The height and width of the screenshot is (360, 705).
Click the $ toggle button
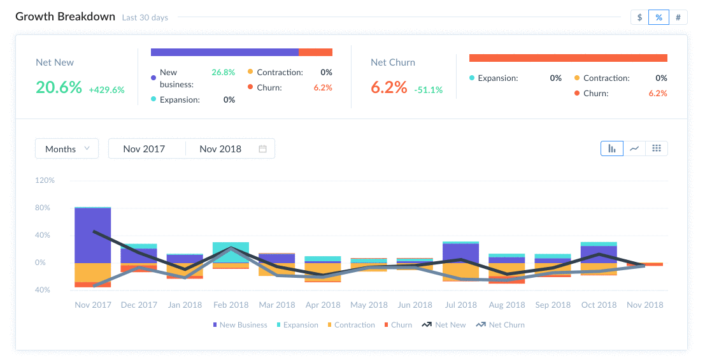click(639, 17)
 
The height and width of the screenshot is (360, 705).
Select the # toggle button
click(678, 17)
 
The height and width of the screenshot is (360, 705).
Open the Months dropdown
click(67, 148)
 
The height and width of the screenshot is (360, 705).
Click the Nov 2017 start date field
click(144, 148)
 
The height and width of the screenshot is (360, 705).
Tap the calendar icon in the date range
click(262, 148)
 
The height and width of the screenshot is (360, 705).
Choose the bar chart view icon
click(612, 148)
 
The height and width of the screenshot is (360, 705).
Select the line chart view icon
click(634, 148)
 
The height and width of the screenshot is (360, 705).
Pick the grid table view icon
click(657, 148)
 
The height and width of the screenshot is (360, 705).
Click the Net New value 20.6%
click(59, 87)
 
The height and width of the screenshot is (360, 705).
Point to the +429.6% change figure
click(106, 90)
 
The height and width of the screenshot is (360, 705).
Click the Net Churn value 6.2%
click(388, 87)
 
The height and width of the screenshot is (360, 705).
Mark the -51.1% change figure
click(428, 90)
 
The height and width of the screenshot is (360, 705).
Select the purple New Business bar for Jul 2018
click(460, 253)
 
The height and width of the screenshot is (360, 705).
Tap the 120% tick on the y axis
click(45, 180)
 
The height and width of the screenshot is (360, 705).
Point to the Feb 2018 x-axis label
click(231, 305)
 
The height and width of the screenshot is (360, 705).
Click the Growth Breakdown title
click(65, 17)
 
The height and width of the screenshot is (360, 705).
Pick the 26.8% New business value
click(223, 73)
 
